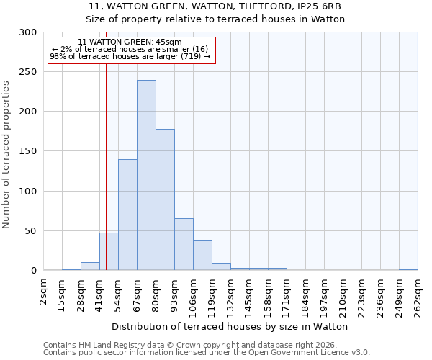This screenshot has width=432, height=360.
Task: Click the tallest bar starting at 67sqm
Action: [x=146, y=175]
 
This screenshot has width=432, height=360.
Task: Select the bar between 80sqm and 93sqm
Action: [x=165, y=199]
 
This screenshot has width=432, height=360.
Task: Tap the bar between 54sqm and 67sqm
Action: [x=127, y=215]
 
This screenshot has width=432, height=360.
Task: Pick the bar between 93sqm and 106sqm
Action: [x=184, y=244]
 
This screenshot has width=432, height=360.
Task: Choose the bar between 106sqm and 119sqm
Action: [x=202, y=256]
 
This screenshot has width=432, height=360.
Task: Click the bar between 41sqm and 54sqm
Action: [x=109, y=251]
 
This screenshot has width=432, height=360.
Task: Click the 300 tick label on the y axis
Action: [x=28, y=32]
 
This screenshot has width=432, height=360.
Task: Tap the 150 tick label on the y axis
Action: [x=28, y=151]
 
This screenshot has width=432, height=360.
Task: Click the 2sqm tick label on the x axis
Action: [x=44, y=291]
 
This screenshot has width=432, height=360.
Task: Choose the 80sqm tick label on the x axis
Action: [x=156, y=293]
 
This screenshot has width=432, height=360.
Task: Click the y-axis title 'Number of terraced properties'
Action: [x=6, y=155]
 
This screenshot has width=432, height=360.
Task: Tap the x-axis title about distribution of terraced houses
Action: [x=230, y=326]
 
